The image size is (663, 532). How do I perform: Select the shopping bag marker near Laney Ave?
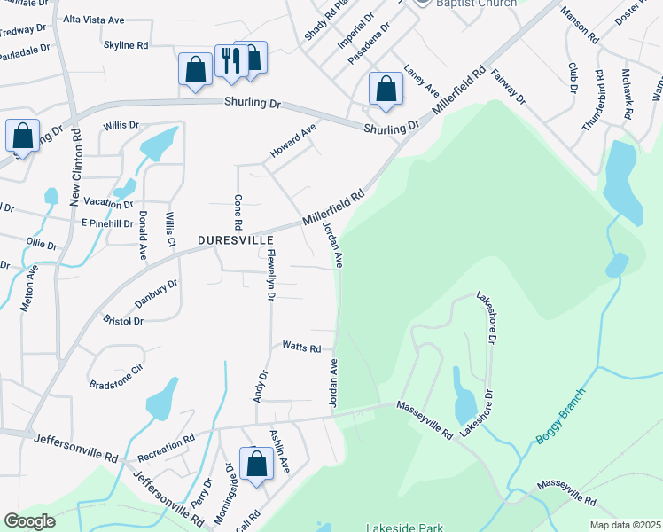385,89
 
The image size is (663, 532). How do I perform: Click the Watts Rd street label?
301,348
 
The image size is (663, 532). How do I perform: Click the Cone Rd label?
238,211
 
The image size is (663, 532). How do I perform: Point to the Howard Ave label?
293,142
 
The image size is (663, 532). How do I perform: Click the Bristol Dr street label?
123,321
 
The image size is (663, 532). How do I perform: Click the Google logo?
30,521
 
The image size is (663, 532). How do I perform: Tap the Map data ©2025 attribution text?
626,525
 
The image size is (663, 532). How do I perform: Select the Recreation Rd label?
166,442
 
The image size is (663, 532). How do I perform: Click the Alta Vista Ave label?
93,18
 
